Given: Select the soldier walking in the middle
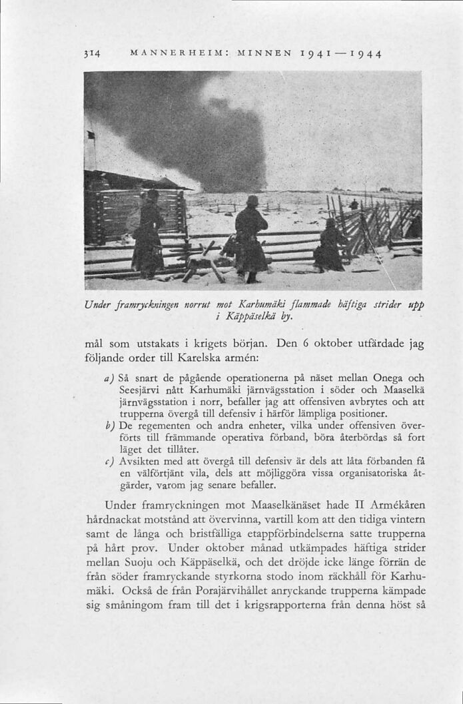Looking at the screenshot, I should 250,238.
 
